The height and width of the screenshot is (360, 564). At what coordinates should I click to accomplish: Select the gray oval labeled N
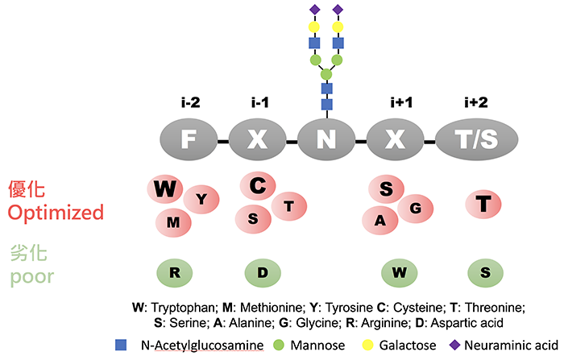click(326, 139)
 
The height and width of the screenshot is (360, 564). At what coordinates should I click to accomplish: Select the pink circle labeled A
click(379, 218)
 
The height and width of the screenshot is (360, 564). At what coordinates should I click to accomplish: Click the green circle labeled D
click(262, 272)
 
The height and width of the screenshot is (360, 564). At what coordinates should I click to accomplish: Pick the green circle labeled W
click(399, 272)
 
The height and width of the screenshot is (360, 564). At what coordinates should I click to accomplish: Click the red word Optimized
click(55, 213)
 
